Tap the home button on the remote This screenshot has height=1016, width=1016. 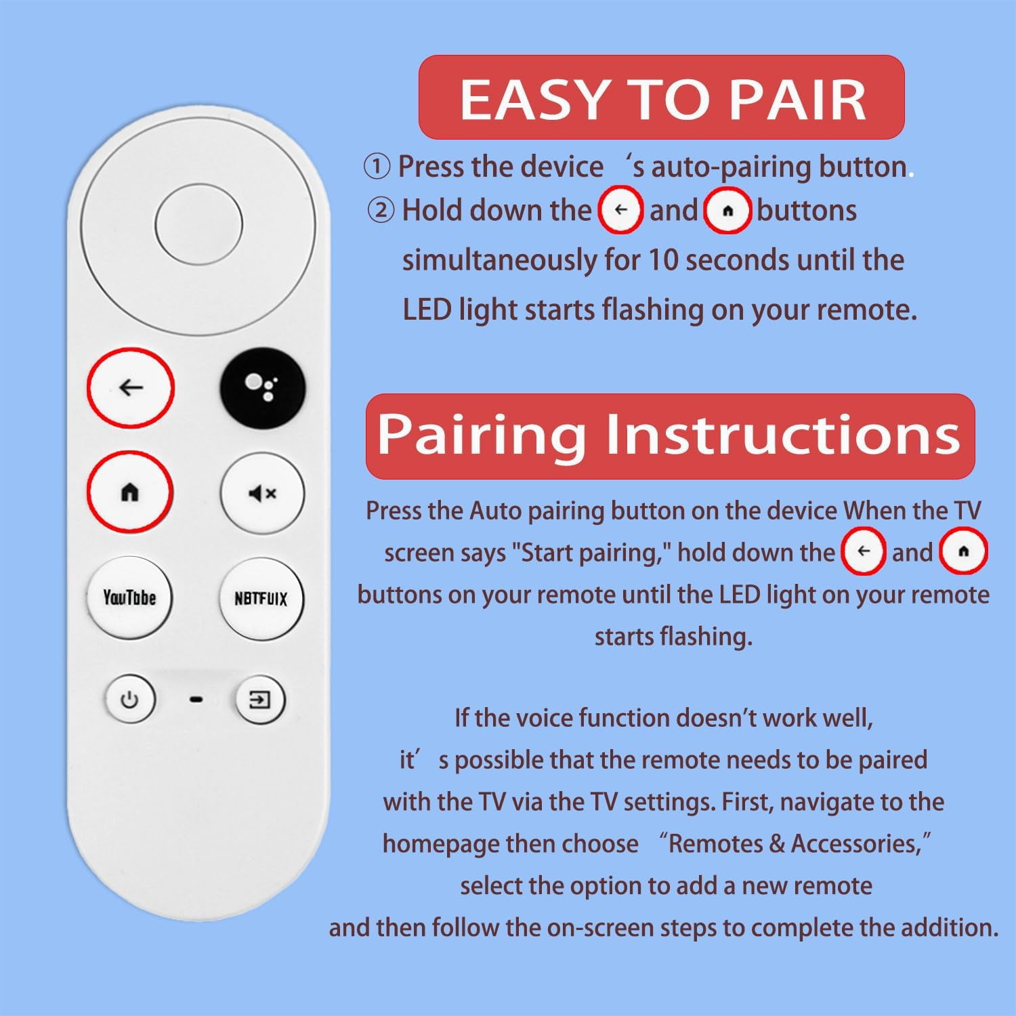pos(129,492)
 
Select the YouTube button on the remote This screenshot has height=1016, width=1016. pos(129,597)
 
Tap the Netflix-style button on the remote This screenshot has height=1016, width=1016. pos(261,599)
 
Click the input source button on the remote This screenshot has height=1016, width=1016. pos(260,700)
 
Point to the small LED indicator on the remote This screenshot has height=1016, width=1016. pos(196,700)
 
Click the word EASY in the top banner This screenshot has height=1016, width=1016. pos(532,99)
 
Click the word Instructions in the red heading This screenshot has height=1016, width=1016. pos(783,434)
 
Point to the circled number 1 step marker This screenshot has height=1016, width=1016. pos(377,167)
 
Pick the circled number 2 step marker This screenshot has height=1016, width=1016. pos(380,211)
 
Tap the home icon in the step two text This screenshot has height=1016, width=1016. pos(727,211)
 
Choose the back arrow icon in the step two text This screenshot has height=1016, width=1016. pos(620,210)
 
